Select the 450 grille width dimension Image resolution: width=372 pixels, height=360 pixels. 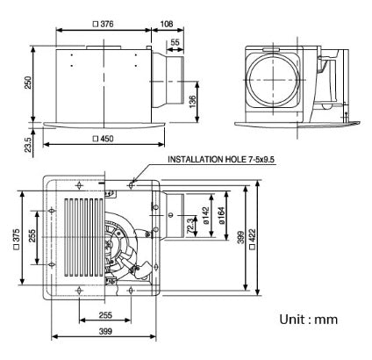click(107, 139)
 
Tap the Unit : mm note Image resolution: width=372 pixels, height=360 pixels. click(307, 319)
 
